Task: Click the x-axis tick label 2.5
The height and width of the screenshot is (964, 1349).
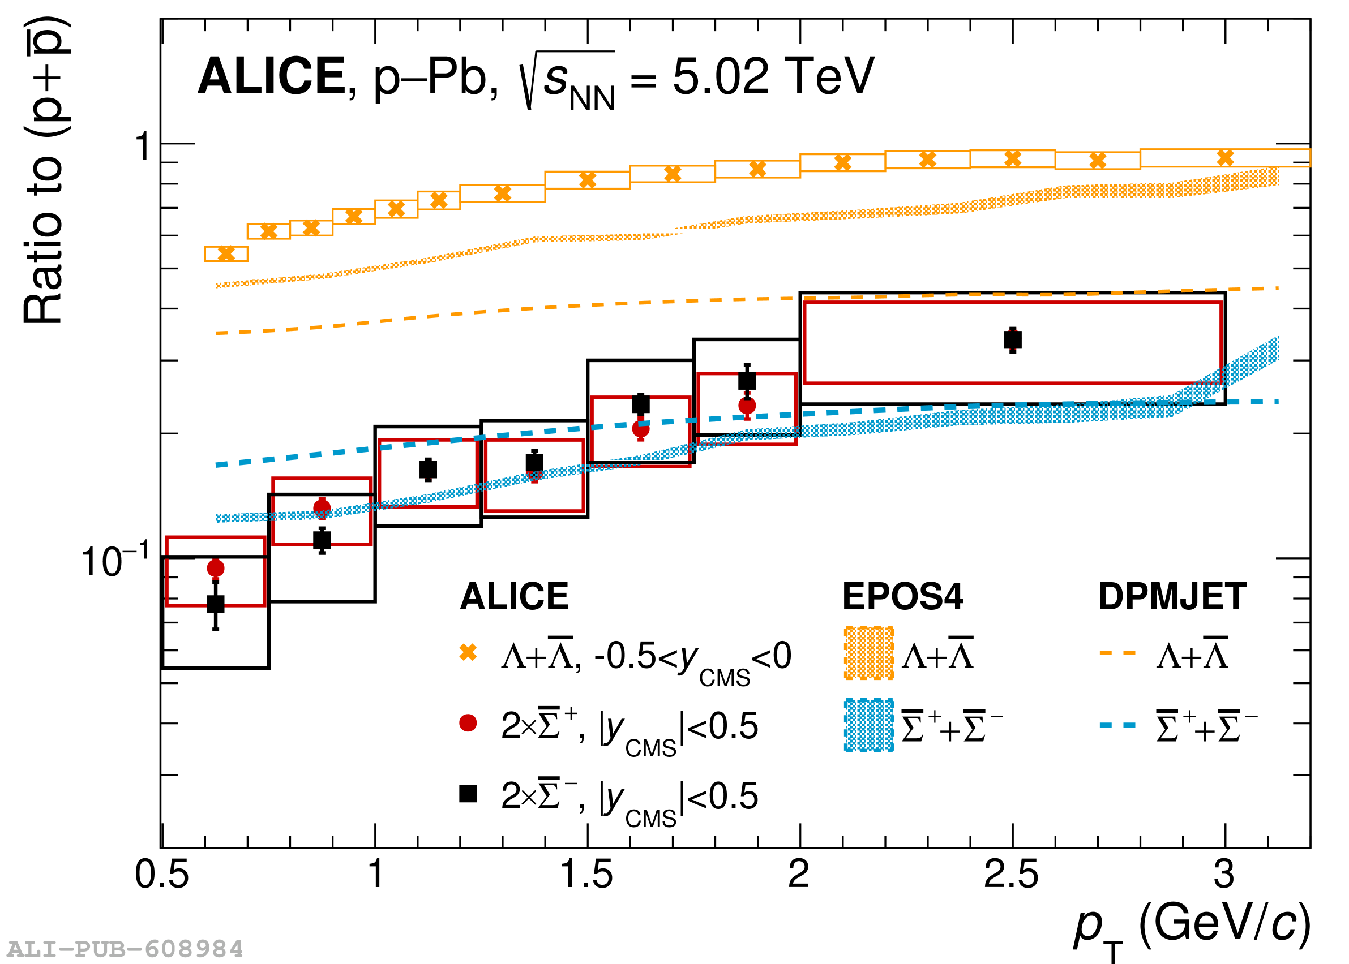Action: pyautogui.click(x=1011, y=875)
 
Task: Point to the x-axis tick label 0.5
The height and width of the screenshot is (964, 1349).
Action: pyautogui.click(x=161, y=875)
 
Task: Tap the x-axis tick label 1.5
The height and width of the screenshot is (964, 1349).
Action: pyautogui.click(x=586, y=875)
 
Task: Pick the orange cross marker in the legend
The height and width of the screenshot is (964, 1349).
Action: pyautogui.click(x=468, y=652)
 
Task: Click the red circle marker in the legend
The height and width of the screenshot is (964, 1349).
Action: pyautogui.click(x=468, y=723)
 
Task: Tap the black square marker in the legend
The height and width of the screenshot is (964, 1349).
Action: pyautogui.click(x=468, y=793)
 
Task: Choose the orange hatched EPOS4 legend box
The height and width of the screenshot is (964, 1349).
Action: pyautogui.click(x=868, y=653)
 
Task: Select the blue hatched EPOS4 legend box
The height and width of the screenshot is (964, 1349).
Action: pyautogui.click(x=868, y=725)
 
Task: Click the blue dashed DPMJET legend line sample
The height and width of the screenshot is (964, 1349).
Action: pyautogui.click(x=1117, y=725)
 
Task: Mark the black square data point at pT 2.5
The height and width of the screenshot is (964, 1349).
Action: pyautogui.click(x=1013, y=340)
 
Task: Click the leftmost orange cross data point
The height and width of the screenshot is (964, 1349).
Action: pyautogui.click(x=226, y=253)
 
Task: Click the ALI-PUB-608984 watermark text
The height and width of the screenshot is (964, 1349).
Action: pyautogui.click(x=125, y=949)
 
